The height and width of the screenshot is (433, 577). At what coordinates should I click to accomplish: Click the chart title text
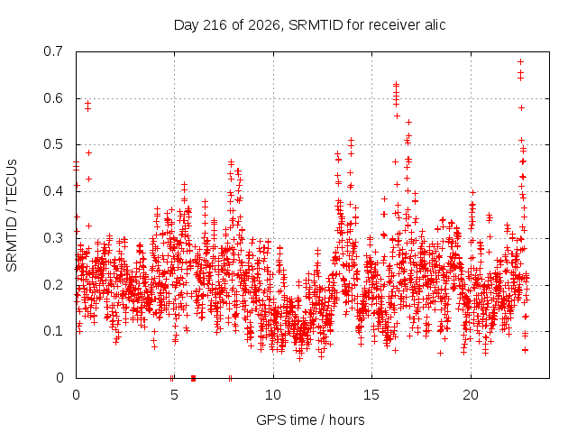309,25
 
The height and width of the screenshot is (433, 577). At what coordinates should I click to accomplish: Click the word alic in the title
435,25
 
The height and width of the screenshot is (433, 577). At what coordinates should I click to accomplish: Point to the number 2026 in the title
264,25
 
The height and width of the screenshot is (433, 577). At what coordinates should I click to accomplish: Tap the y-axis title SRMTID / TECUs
12,216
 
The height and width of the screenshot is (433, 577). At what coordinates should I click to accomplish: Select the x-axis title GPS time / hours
310,419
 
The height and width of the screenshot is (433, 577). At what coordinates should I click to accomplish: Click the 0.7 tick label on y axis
53,51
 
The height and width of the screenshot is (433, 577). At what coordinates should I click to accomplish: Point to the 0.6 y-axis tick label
53,98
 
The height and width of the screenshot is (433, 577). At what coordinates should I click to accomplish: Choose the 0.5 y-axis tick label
53,144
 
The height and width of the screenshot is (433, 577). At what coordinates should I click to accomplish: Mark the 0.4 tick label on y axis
53,191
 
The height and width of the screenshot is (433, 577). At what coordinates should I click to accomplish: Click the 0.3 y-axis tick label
53,238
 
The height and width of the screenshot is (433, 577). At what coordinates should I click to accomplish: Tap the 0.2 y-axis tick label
53,285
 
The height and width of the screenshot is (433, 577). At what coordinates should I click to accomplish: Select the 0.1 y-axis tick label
53,331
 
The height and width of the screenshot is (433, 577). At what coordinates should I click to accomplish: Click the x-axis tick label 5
174,395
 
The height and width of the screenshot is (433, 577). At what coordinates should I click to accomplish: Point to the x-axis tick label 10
273,395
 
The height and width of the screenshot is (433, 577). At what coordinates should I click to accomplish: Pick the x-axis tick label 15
371,395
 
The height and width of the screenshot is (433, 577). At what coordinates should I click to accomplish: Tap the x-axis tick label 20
471,395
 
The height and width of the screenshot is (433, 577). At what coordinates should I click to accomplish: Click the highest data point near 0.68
521,62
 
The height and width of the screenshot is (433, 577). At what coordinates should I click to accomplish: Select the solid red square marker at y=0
193,378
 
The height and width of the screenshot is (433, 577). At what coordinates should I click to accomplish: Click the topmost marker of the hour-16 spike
397,85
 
